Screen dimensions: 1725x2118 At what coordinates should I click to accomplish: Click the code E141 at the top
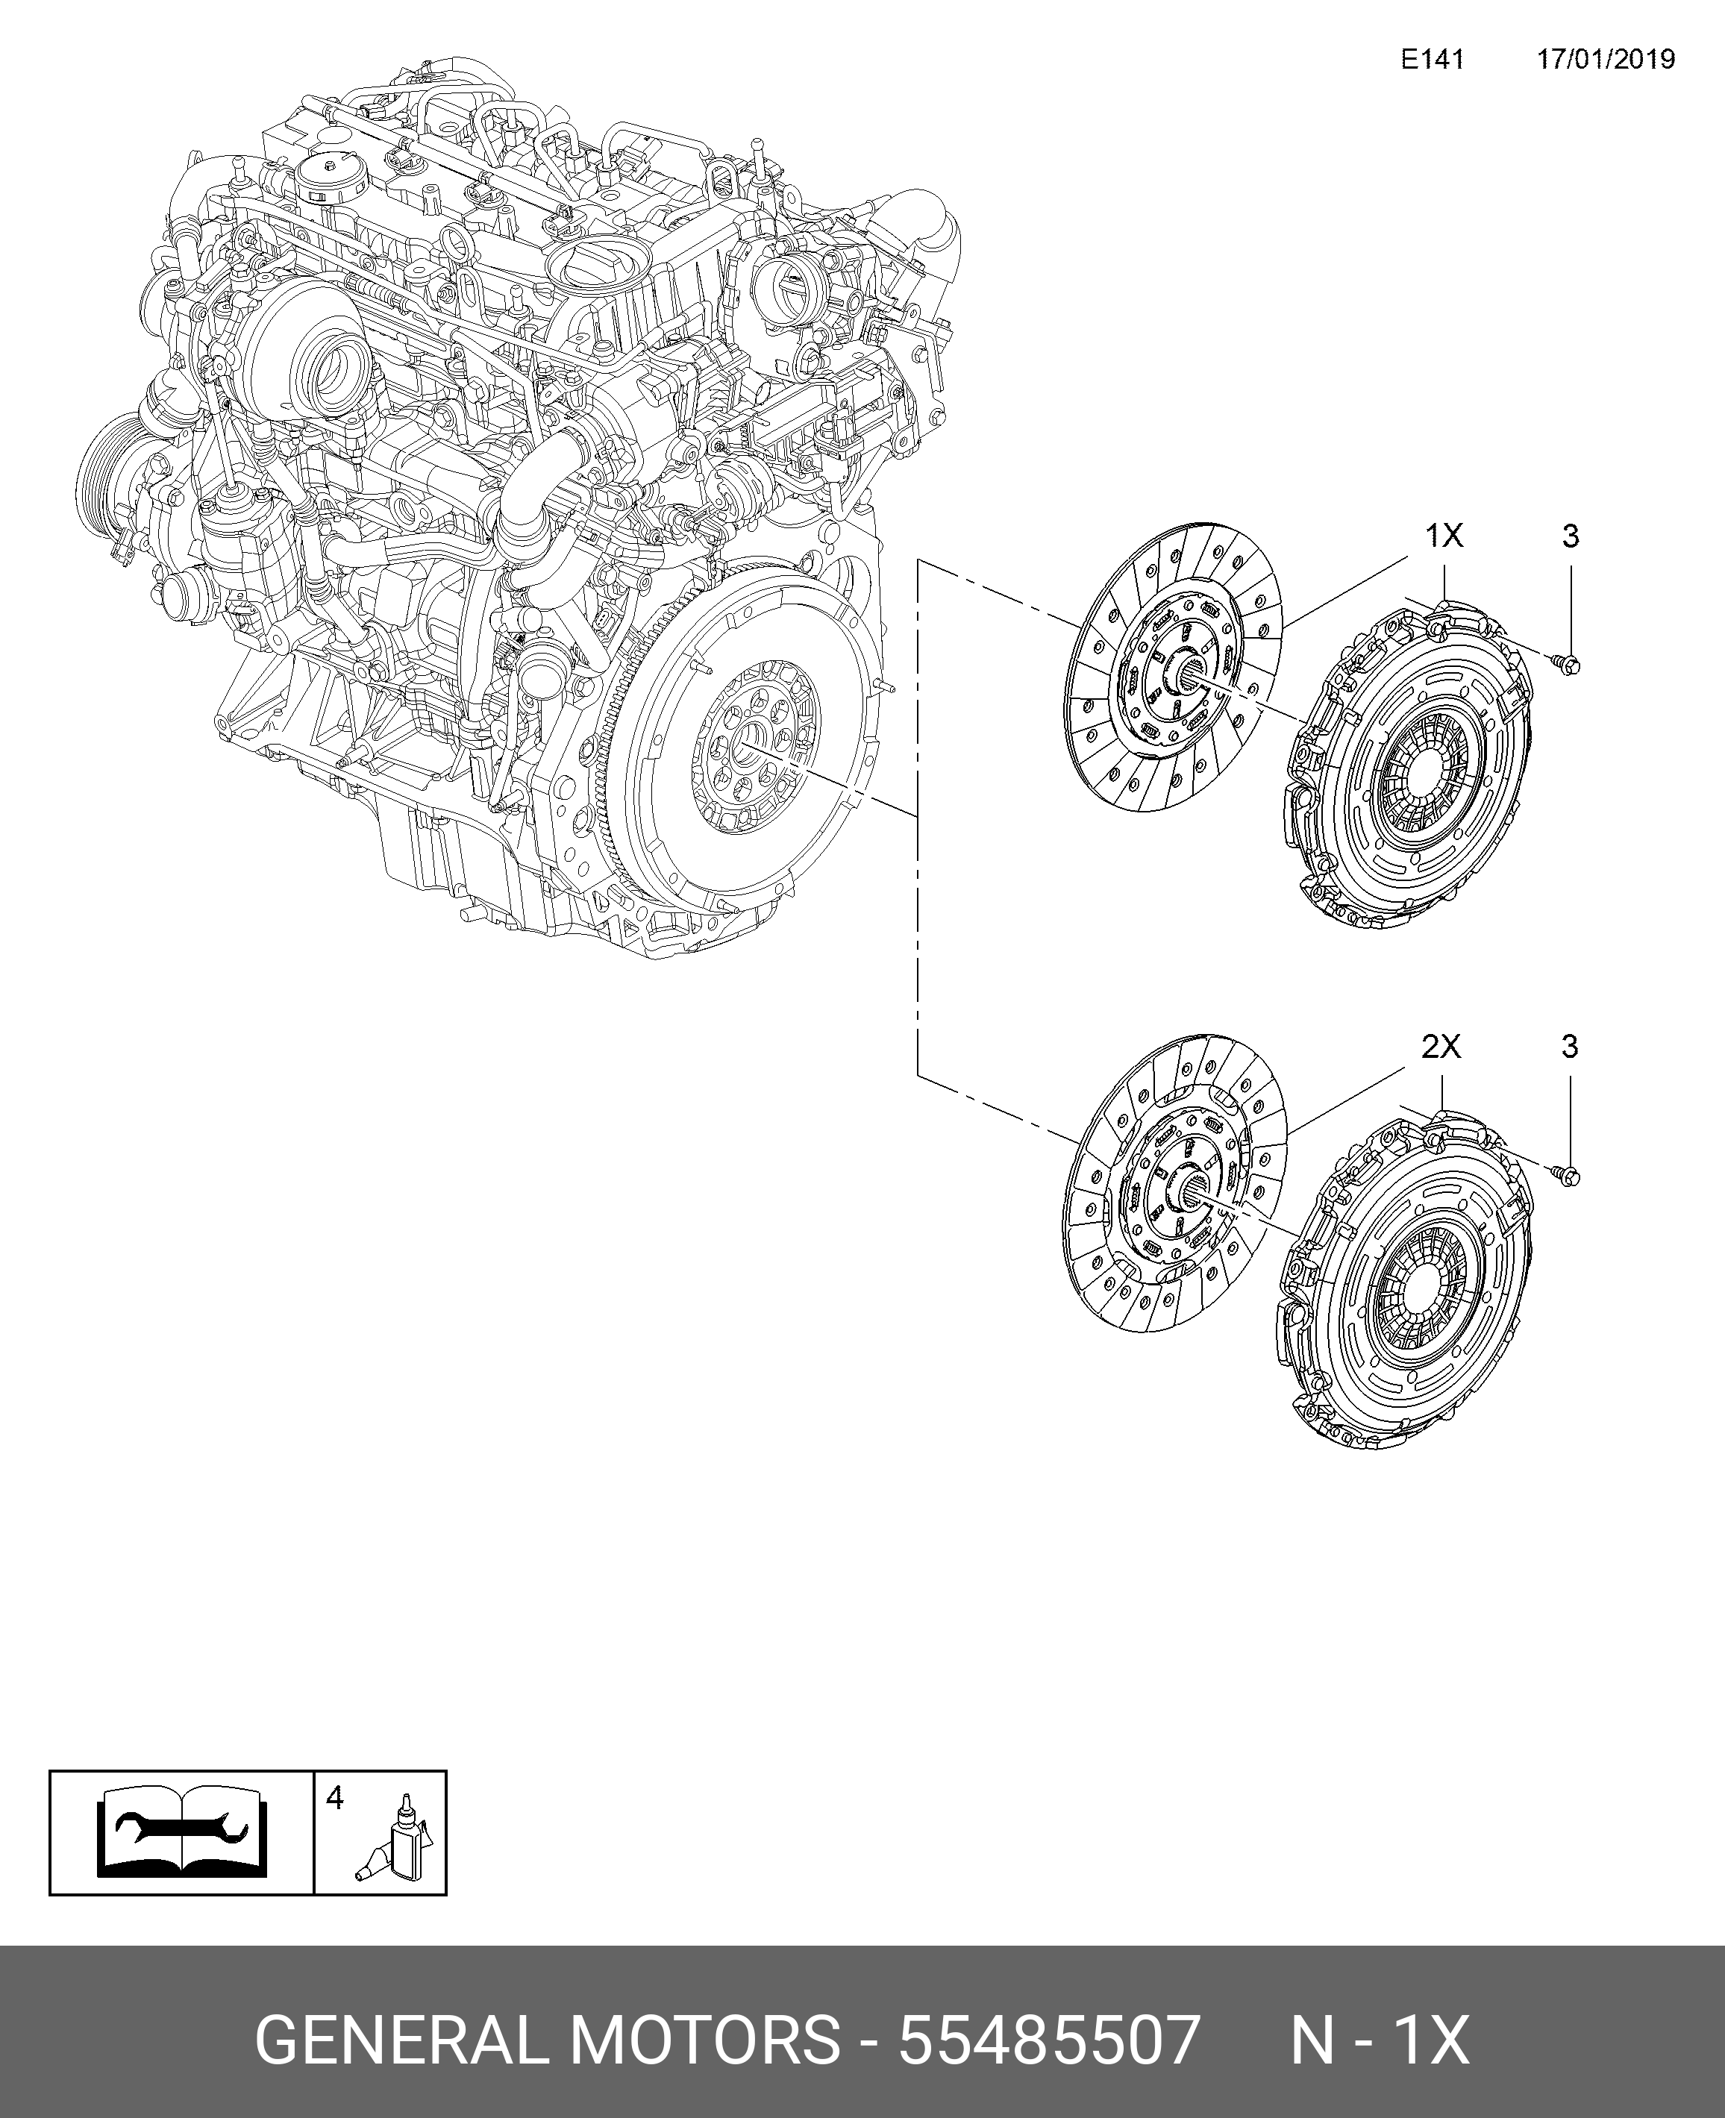[1432, 60]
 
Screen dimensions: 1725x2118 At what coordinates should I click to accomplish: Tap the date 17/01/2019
[1606, 60]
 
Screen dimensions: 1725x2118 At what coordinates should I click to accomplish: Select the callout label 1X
[1444, 536]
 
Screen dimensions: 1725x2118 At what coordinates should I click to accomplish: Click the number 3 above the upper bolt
[1570, 536]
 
